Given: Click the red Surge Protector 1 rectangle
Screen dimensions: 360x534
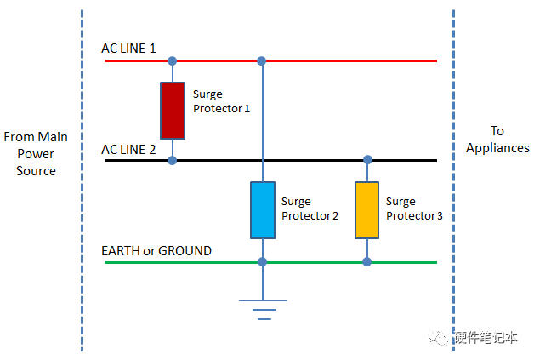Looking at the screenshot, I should point(173,110).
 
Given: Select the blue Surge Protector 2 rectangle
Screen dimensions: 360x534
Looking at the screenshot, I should point(262,209).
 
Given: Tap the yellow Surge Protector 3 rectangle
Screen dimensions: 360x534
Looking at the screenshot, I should point(367,209).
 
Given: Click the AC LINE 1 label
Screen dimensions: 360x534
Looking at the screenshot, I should point(128,49).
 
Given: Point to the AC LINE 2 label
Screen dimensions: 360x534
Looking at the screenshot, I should point(128,149).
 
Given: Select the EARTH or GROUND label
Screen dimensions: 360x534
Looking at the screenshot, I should point(156,251).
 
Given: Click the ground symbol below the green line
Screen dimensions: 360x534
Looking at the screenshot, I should point(262,307).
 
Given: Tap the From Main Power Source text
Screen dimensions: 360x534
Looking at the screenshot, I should point(36,154).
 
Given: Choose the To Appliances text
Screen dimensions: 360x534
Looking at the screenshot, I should point(497,139).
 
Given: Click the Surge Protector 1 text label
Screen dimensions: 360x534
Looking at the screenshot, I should point(221,102).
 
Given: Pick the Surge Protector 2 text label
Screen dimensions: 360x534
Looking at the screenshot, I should point(310,209).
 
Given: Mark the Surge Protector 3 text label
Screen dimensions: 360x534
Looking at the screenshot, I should point(414,209).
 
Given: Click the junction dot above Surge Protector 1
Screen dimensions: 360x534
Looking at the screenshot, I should point(173,61).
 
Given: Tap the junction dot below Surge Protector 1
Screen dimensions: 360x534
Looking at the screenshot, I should point(173,160).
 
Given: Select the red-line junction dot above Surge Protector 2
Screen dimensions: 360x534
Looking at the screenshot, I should point(262,61).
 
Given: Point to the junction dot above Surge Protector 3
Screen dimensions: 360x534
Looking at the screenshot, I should point(367,160).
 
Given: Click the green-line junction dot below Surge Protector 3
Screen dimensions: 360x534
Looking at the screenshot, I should point(367,262).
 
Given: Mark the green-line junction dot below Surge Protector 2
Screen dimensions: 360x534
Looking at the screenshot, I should point(262,262).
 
